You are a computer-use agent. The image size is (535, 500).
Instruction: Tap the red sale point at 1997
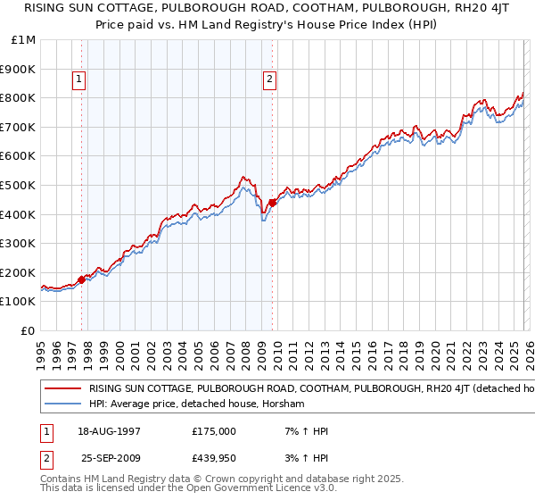click(x=81, y=279)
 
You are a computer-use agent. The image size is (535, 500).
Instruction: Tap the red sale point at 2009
click(x=272, y=202)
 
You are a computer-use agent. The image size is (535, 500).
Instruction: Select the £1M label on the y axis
click(x=25, y=40)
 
